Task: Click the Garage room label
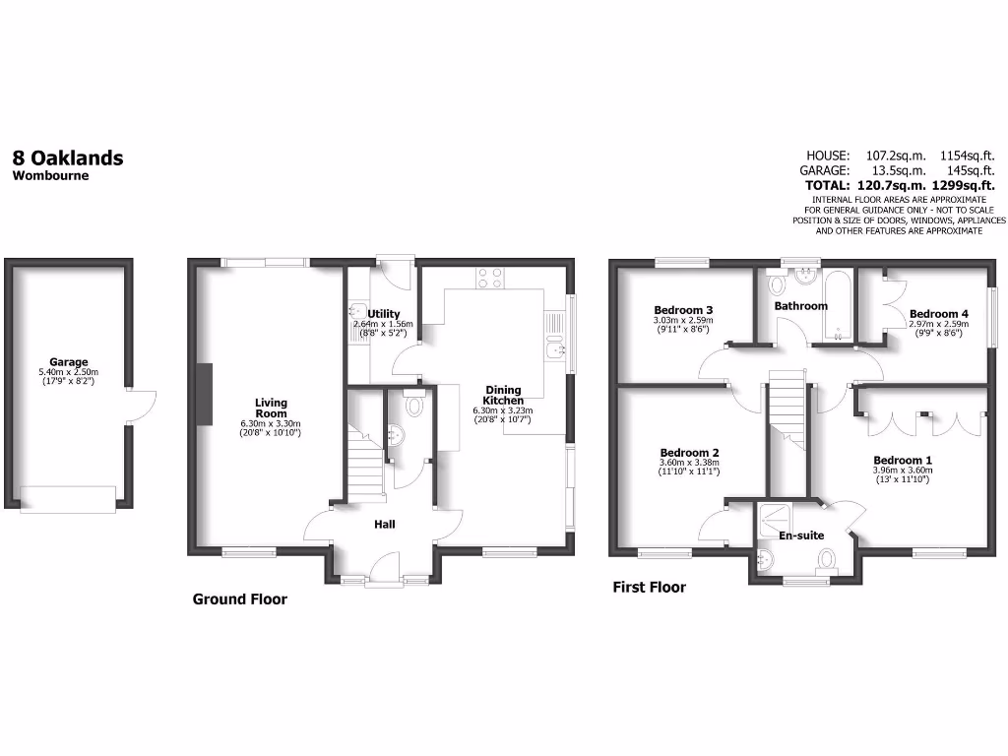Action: (x=69, y=362)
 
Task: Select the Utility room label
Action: (x=384, y=314)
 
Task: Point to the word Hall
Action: (x=384, y=525)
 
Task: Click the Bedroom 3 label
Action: (x=682, y=310)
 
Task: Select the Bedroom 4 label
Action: (x=938, y=314)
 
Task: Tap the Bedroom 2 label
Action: (x=689, y=453)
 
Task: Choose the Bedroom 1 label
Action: (x=903, y=460)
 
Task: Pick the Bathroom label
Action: (x=800, y=306)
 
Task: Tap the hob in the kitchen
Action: (x=490, y=278)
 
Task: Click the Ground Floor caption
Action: (x=239, y=598)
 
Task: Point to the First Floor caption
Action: (x=649, y=588)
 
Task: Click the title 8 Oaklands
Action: (x=68, y=157)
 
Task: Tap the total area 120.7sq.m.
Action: (x=900, y=185)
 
